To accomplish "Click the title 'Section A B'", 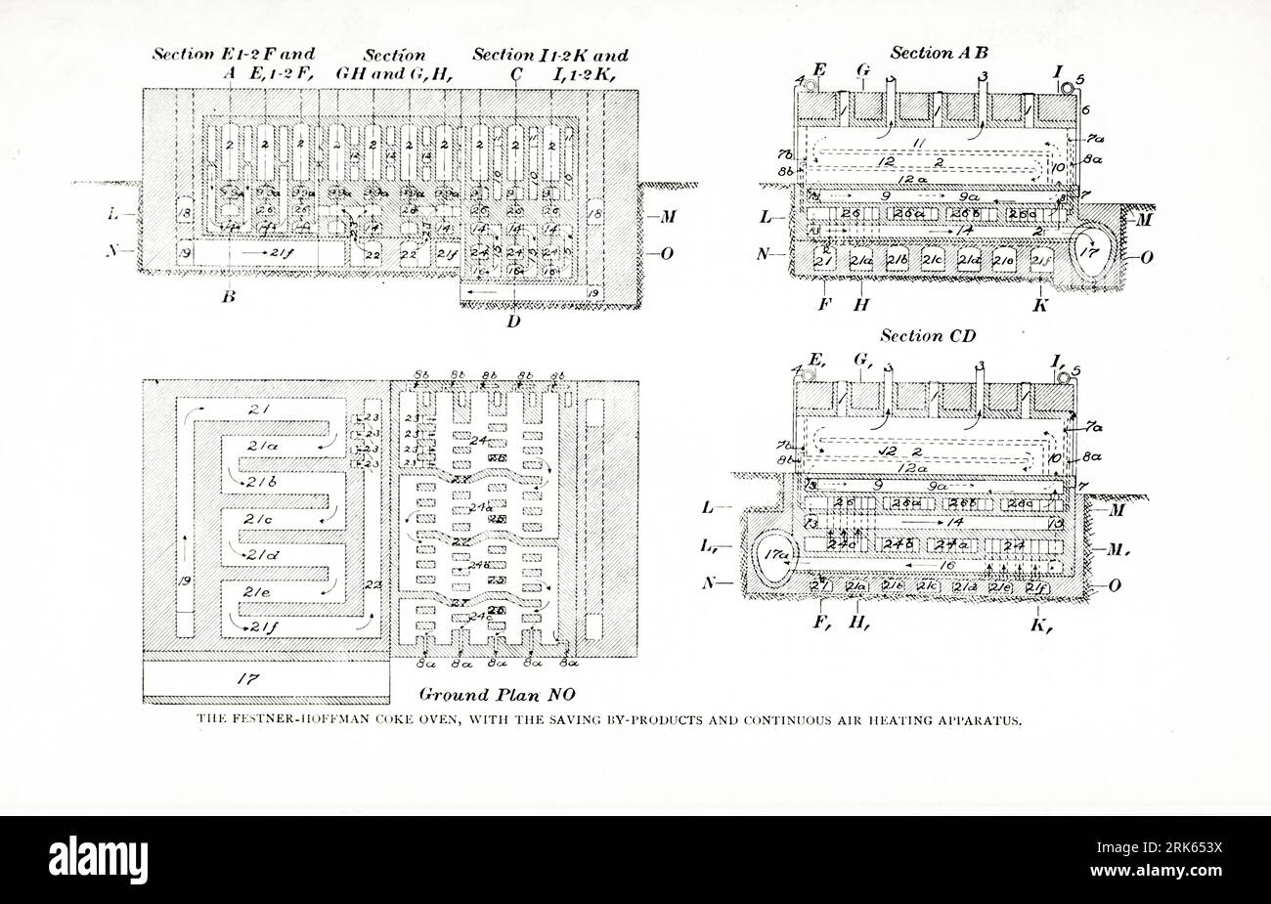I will tap(937, 54).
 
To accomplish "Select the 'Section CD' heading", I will tap(927, 336).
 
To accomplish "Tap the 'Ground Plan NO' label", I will tap(482, 695).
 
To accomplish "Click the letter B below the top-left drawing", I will tap(228, 297).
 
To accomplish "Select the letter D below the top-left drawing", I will tap(513, 321).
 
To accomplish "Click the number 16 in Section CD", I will tap(947, 565).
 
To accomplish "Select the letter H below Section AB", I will tap(861, 305).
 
